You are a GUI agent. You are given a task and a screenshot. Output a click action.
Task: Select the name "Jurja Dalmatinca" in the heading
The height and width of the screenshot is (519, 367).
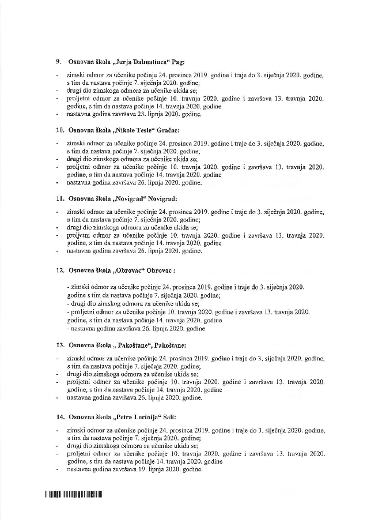click(x=143, y=61)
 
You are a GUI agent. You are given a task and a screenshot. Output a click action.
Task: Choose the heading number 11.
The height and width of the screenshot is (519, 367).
click(x=59, y=198)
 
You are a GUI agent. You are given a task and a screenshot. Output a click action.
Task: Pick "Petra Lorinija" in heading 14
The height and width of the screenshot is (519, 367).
click(x=139, y=416)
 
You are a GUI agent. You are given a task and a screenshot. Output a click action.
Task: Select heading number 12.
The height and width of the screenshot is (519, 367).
click(x=59, y=270)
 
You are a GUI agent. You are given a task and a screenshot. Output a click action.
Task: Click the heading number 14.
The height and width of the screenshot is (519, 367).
click(x=59, y=416)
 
